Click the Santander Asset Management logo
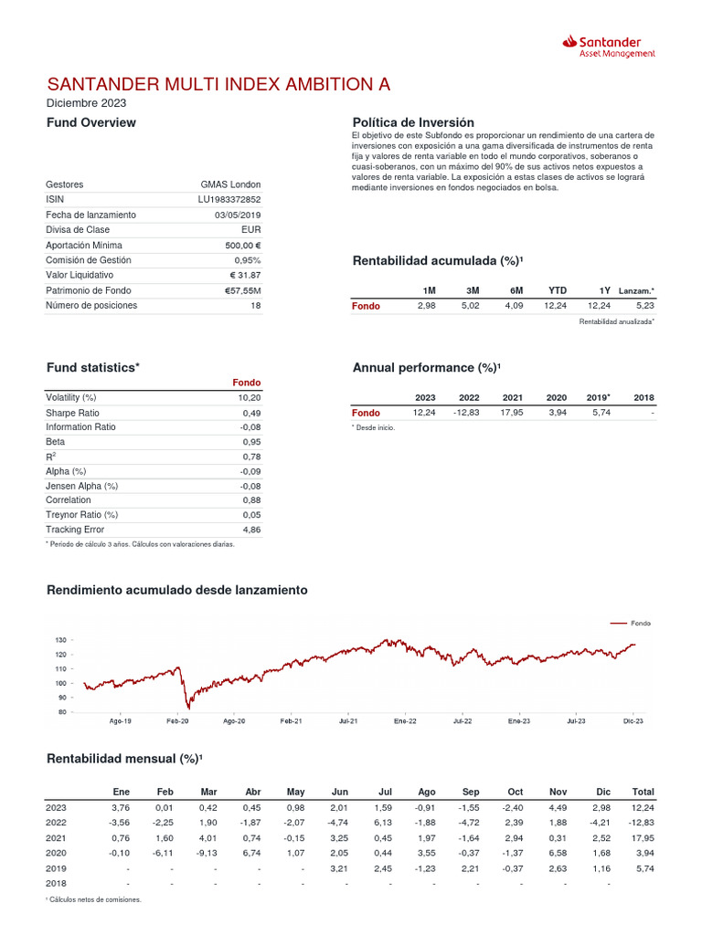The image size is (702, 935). pyautogui.click(x=609, y=47)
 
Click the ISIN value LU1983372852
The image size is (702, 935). pyautogui.click(x=229, y=199)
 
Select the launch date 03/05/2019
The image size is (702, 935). pyautogui.click(x=238, y=215)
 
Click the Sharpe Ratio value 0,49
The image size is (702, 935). pyautogui.click(x=251, y=413)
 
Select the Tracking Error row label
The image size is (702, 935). pyautogui.click(x=75, y=530)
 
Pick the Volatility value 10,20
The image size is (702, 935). pyautogui.click(x=250, y=397)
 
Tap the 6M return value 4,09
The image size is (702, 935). pyautogui.click(x=514, y=306)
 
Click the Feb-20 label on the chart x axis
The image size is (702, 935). pyautogui.click(x=177, y=721)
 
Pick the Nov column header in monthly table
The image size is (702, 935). pyautogui.click(x=558, y=792)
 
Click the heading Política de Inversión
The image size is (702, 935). pyautogui.click(x=413, y=122)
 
